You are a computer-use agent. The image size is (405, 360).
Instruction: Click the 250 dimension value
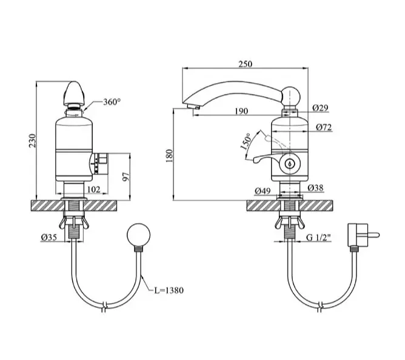click(245, 64)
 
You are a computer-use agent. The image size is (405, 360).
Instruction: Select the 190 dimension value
click(241, 111)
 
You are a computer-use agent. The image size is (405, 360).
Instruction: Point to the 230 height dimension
click(32, 141)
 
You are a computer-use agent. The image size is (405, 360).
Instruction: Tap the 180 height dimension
click(169, 156)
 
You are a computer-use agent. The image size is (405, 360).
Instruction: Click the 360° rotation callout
click(112, 102)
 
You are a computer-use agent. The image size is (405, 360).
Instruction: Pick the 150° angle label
click(246, 142)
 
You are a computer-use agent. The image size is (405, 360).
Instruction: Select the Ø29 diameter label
click(320, 108)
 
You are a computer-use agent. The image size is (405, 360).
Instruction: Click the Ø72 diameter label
click(324, 127)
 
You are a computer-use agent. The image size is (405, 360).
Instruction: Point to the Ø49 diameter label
click(263, 191)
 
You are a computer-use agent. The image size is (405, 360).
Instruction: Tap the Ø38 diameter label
click(315, 188)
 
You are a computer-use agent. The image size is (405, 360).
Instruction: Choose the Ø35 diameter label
click(49, 237)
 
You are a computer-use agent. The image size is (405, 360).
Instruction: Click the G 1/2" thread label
click(318, 238)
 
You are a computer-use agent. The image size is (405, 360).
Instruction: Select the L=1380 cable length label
click(169, 290)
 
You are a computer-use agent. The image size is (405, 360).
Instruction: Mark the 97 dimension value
click(126, 176)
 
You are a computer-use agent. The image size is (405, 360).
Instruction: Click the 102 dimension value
click(94, 189)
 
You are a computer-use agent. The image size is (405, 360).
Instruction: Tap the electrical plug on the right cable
click(361, 235)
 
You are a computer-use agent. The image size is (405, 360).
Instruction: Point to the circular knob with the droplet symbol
click(290, 164)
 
